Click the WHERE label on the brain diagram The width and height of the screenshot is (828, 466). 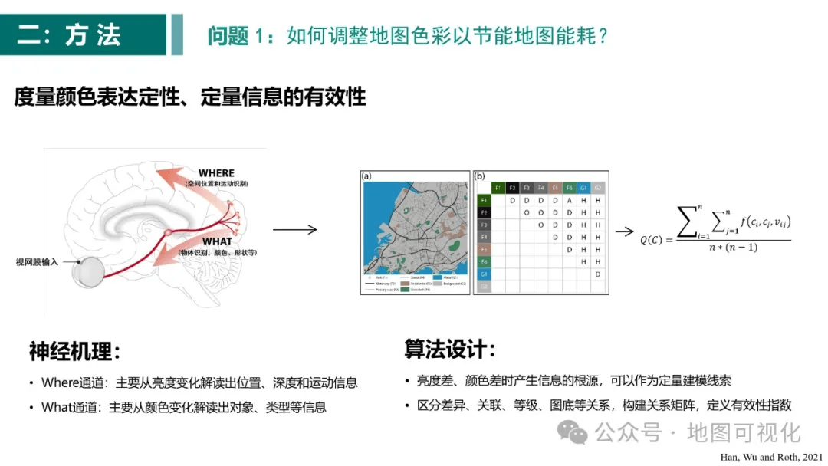(216, 173)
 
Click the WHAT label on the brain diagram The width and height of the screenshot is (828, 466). (217, 242)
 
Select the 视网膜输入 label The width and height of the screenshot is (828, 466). (37, 261)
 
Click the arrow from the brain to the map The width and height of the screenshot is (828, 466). (294, 228)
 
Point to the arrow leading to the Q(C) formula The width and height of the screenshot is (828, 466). (625, 231)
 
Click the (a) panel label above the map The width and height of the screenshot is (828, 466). (366, 176)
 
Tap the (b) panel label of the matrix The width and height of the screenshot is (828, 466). (480, 176)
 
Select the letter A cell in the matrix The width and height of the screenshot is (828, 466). (569, 200)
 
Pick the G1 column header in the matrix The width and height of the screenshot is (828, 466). (583, 187)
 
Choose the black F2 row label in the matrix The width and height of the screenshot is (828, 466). (483, 212)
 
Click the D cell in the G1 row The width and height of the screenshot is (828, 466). (597, 274)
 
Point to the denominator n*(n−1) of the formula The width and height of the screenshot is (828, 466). (734, 246)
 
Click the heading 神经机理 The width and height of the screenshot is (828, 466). (74, 352)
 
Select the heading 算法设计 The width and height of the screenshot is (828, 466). (450, 349)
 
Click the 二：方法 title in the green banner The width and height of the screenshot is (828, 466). (69, 35)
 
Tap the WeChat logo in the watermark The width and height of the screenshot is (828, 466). (572, 432)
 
